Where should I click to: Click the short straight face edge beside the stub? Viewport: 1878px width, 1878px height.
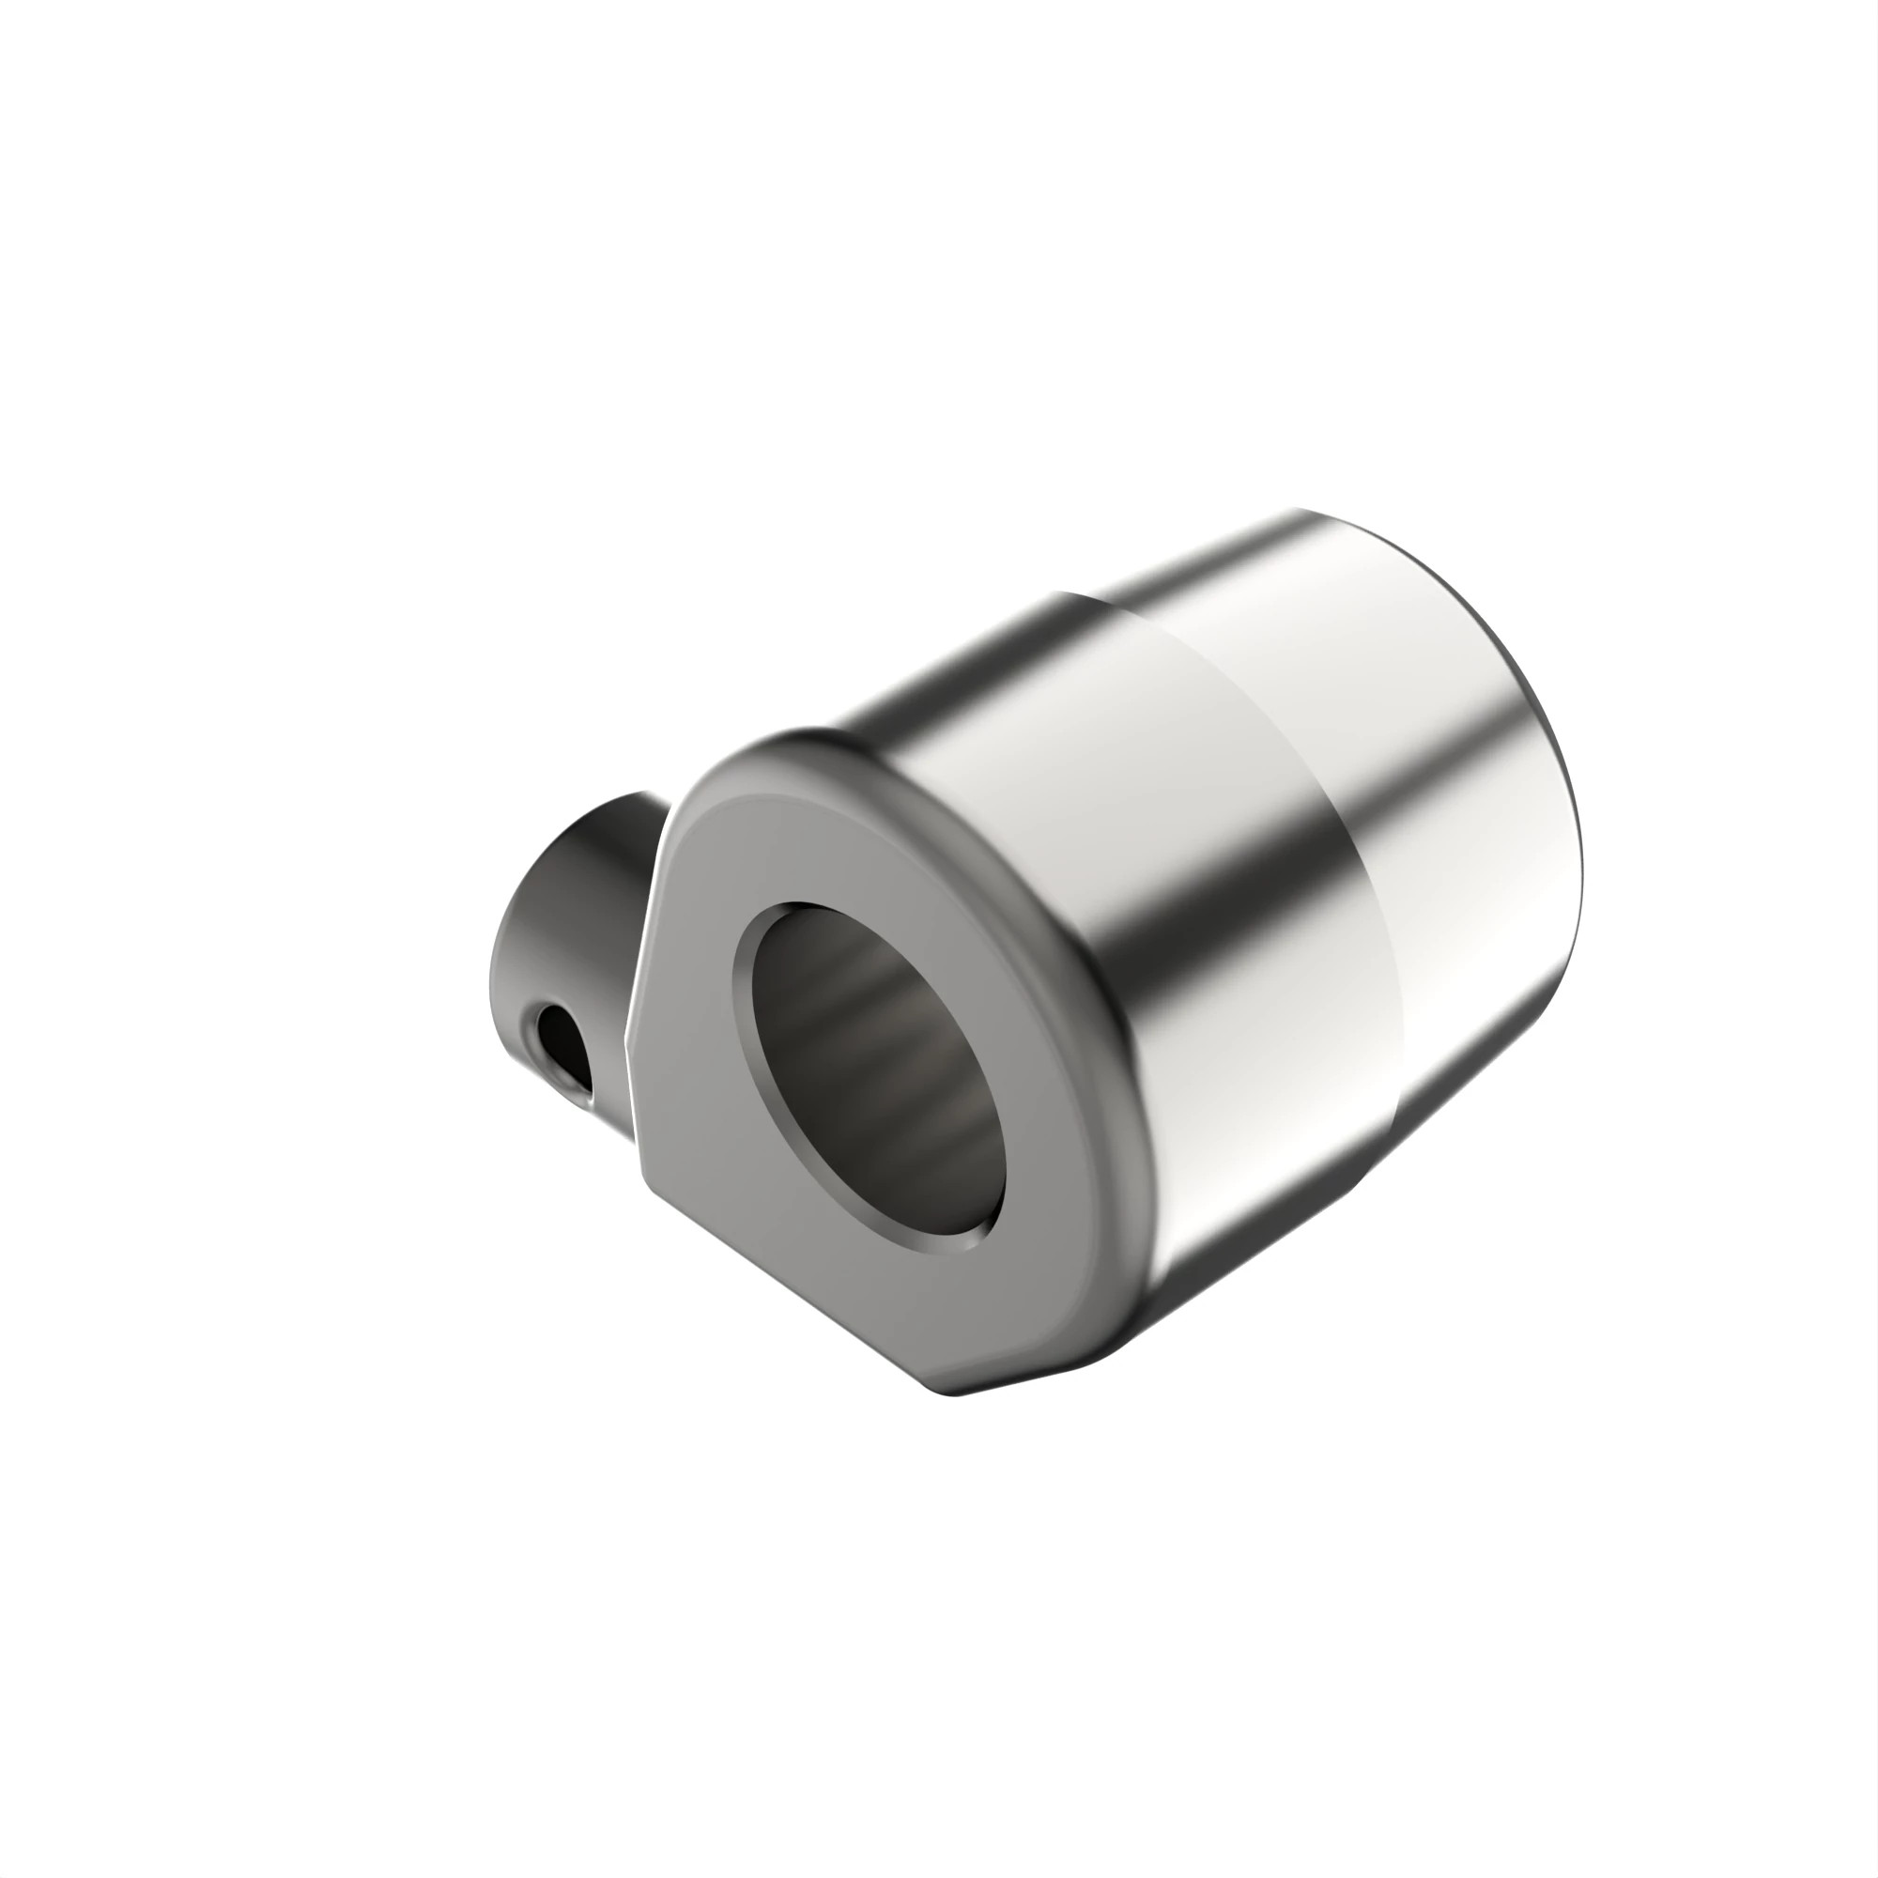point(646,914)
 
